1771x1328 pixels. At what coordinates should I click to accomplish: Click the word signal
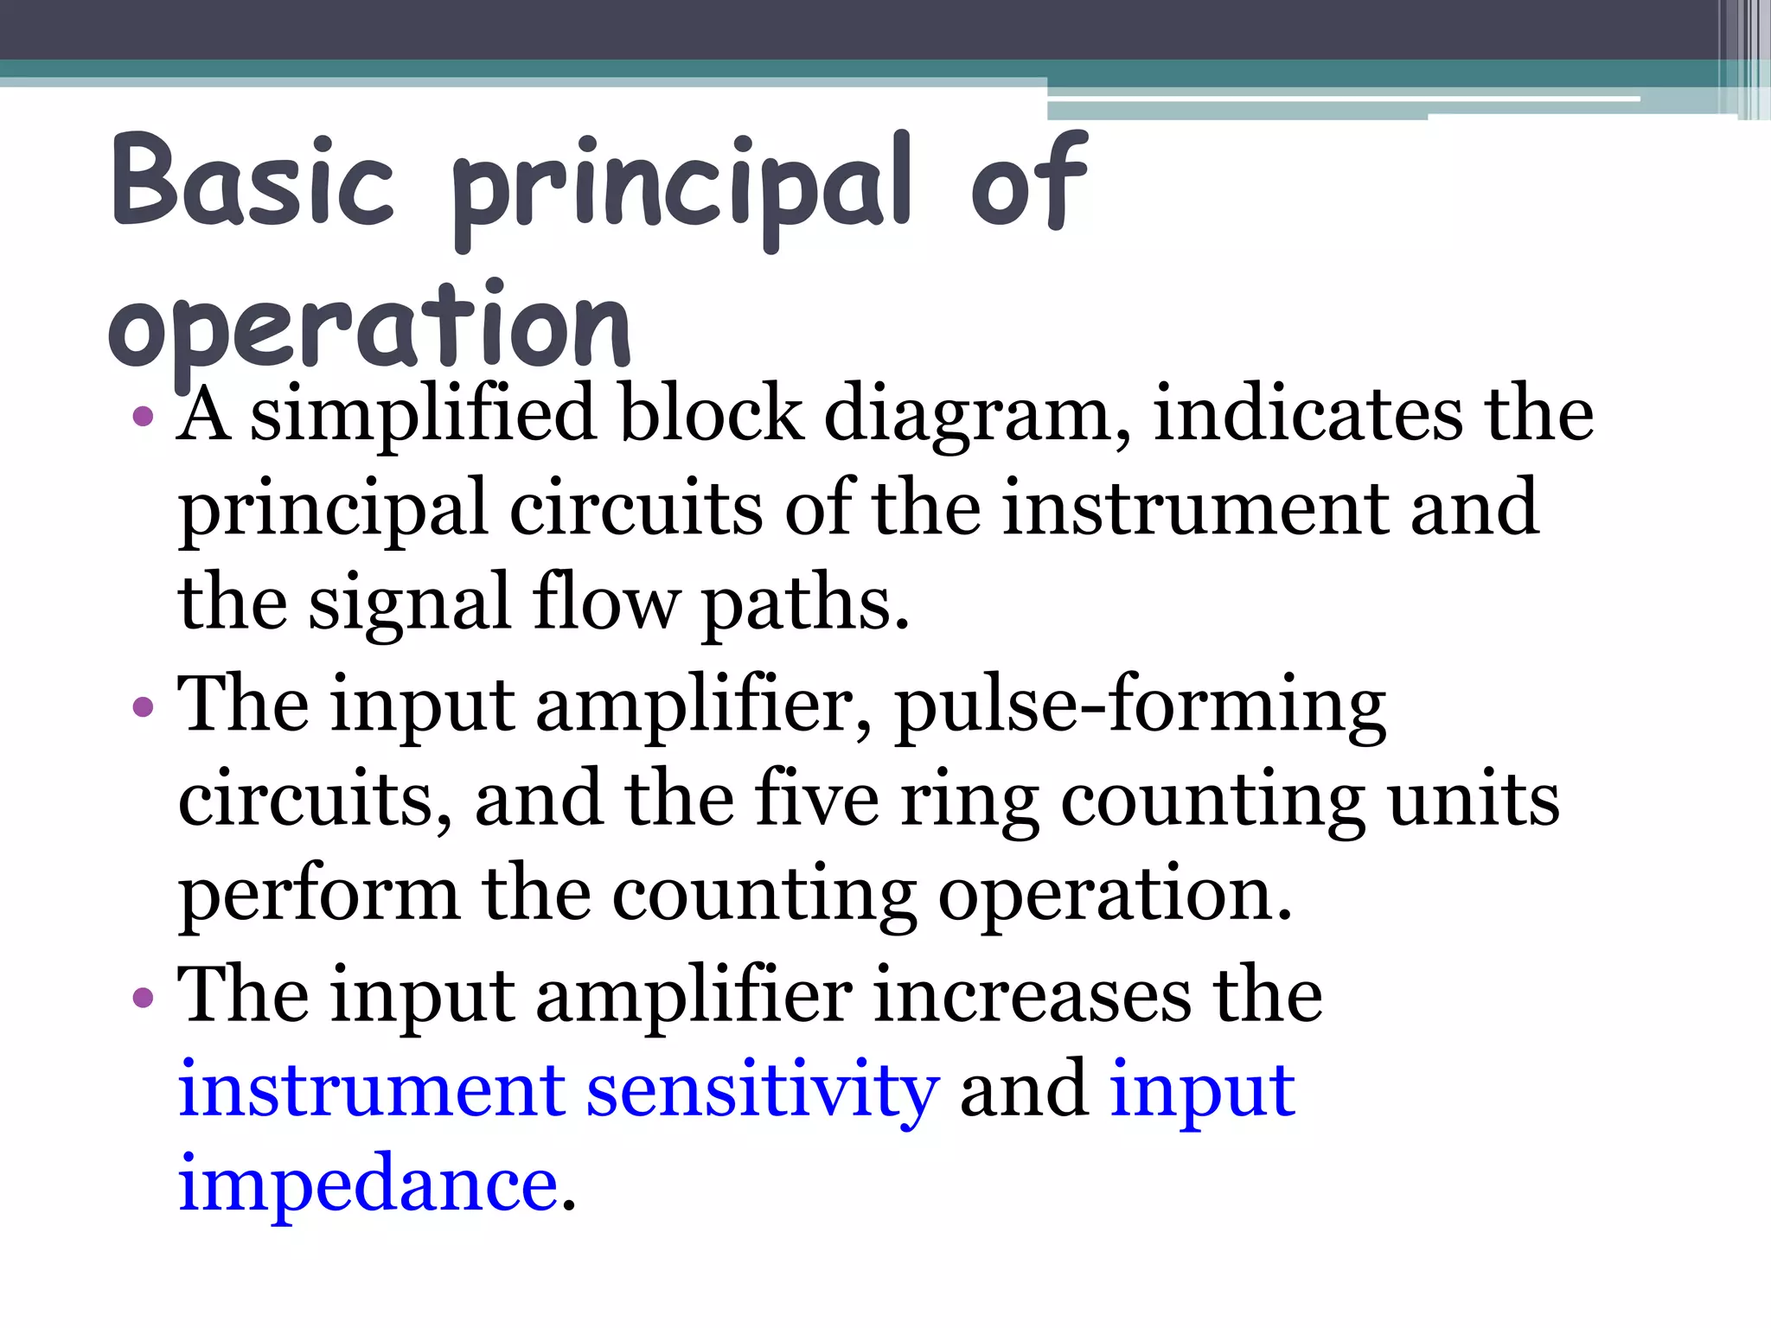click(x=410, y=603)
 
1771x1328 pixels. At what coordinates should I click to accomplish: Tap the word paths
click(x=804, y=603)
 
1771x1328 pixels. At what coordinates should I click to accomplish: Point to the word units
click(x=1474, y=799)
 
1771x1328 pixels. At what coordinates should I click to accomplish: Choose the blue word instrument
click(x=371, y=1089)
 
